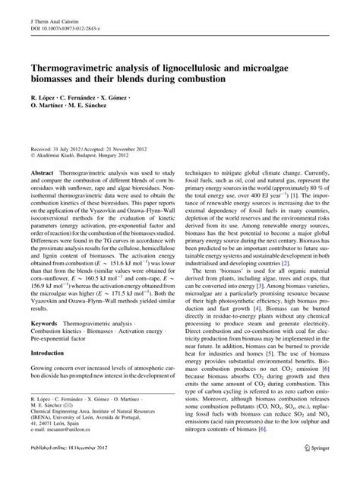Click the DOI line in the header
[66, 21]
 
